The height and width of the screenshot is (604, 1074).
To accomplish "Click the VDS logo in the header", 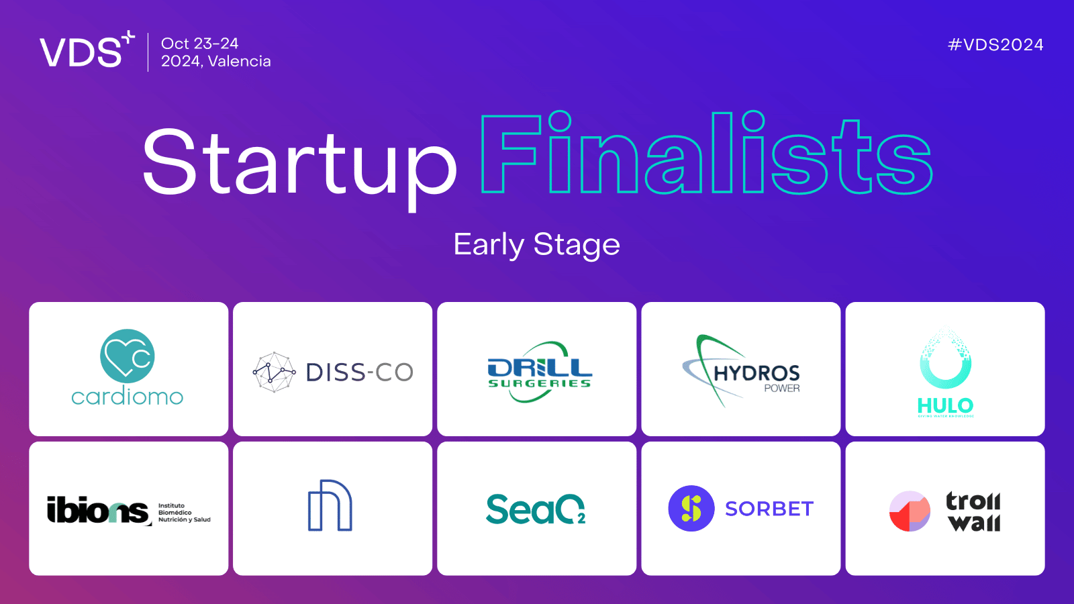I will tap(86, 51).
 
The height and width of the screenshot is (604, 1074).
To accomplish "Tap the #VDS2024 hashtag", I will tap(995, 45).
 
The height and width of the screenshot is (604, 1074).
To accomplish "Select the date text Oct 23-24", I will tap(199, 44).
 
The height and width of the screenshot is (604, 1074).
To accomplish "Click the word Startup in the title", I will tap(299, 163).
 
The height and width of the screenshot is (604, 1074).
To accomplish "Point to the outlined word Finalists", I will tap(706, 154).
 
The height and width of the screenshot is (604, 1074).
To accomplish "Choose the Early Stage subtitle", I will tap(536, 244).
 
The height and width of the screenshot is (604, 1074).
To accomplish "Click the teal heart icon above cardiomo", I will tap(128, 356).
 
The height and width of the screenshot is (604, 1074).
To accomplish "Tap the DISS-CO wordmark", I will tap(359, 372).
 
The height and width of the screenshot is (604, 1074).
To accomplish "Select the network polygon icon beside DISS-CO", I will tap(274, 372).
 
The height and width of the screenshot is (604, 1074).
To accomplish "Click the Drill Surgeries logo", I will tap(539, 372).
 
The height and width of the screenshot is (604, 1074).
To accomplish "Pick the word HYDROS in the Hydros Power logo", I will tap(756, 373).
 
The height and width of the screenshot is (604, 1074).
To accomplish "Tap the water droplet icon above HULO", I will tap(945, 360).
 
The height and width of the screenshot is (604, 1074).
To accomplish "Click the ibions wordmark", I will tap(98, 511).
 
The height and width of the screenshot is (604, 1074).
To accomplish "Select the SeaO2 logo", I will tap(536, 509).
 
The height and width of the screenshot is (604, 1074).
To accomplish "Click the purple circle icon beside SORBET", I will tap(691, 509).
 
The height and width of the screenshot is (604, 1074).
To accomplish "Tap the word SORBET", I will tap(769, 509).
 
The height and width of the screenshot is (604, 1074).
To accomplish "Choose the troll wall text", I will tap(973, 511).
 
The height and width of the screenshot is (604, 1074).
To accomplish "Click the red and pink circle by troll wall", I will tap(910, 511).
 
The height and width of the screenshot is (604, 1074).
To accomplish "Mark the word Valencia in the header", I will tap(240, 62).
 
